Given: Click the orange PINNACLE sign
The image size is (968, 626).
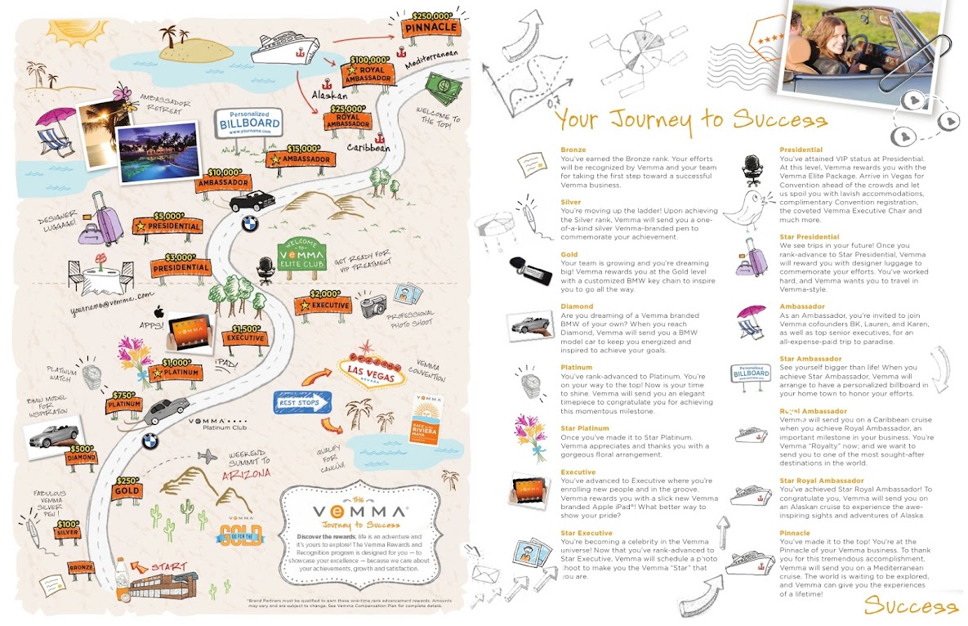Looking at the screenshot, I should click(431, 27).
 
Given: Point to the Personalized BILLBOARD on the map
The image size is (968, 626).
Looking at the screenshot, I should click(250, 123).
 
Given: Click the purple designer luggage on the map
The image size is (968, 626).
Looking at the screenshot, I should click(105, 220).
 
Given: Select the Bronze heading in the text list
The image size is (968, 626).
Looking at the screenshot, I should click(573, 150).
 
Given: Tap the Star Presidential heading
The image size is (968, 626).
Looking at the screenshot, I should click(809, 237).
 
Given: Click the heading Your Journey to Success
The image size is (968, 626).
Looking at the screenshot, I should click(689, 120).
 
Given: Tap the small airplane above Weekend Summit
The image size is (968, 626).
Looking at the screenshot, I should click(210, 455).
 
